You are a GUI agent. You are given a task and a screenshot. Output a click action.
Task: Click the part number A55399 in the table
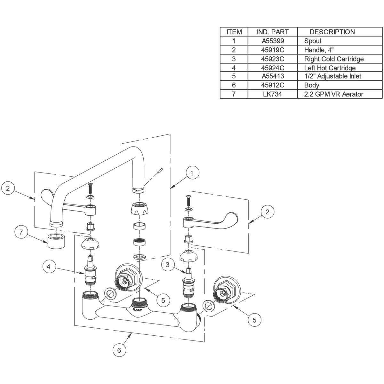pyautogui.click(x=273, y=41)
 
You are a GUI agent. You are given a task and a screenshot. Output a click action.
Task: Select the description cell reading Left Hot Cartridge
pyautogui.click(x=330, y=68)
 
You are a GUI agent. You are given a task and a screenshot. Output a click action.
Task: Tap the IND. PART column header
pyautogui.click(x=273, y=32)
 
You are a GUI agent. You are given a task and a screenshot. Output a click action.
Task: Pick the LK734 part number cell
pyautogui.click(x=273, y=94)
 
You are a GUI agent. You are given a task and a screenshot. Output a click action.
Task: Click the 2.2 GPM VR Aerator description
pyautogui.click(x=333, y=94)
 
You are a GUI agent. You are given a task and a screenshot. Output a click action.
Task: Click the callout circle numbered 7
pyautogui.click(x=21, y=232)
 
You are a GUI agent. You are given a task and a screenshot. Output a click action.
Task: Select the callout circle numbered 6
pyautogui.click(x=119, y=350)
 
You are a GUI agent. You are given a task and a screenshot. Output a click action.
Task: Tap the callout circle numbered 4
pyautogui.click(x=49, y=267)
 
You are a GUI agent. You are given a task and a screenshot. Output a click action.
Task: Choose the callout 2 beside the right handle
pyautogui.click(x=268, y=212)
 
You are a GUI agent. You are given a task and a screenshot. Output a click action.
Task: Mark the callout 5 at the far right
pyautogui.click(x=254, y=320)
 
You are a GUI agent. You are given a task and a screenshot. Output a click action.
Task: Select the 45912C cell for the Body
pyautogui.click(x=273, y=85)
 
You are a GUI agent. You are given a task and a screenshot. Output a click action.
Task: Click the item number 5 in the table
pyautogui.click(x=234, y=76)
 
